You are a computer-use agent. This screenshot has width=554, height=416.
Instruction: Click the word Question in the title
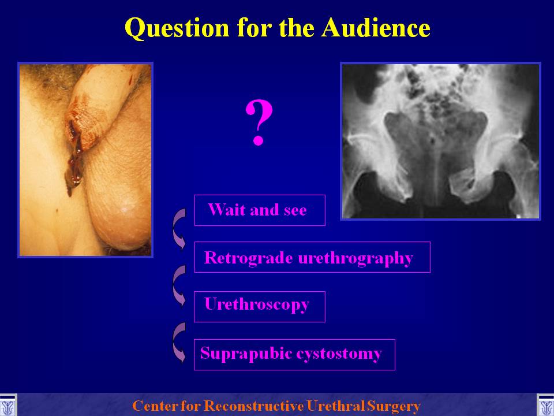tap(177, 28)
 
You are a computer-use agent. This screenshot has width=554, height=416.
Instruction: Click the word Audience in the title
tap(376, 27)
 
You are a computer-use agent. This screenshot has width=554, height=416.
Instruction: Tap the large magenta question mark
tap(259, 122)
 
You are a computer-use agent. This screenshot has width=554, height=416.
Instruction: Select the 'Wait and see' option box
tap(260, 210)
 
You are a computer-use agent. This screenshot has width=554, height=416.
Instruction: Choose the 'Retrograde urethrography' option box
tap(312, 257)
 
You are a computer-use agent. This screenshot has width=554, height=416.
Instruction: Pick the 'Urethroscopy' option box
tap(260, 307)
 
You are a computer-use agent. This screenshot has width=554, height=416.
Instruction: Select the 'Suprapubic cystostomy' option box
tap(294, 354)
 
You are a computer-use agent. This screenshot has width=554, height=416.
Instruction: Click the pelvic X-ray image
tap(440, 141)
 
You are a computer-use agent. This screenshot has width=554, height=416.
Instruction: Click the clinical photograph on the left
tap(85, 160)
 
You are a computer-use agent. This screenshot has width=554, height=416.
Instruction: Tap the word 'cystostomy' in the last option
tap(339, 354)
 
